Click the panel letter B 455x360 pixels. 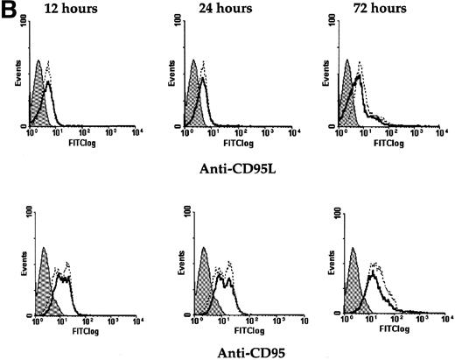(8, 8)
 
